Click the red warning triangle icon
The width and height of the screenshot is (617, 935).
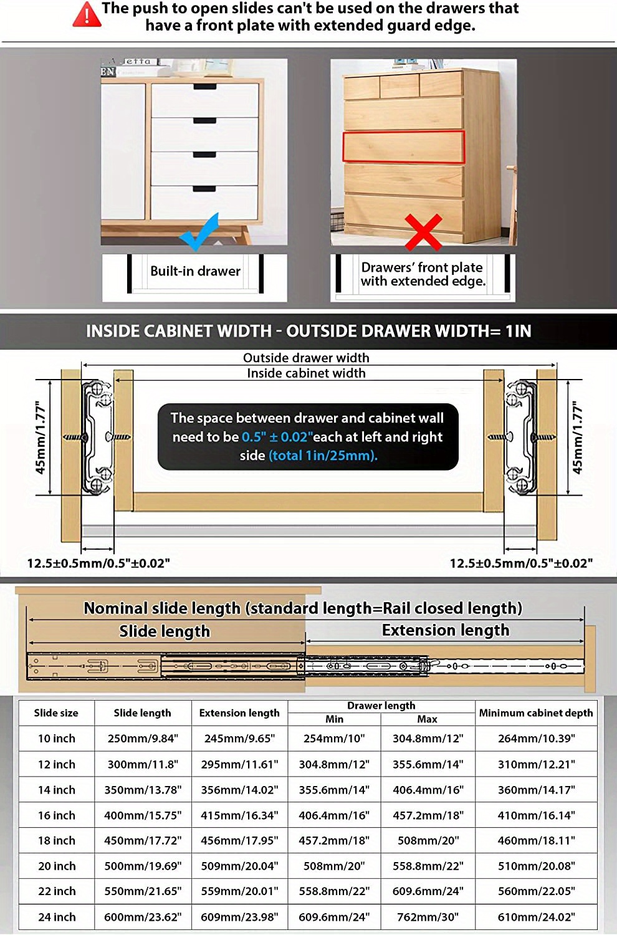coord(87,15)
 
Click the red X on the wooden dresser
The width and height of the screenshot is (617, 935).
coord(423,232)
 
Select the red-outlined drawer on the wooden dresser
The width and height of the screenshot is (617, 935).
coord(404,147)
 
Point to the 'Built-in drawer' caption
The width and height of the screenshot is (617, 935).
coord(195,271)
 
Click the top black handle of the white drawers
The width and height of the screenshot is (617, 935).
coord(204,87)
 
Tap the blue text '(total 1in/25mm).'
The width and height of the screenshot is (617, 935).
coord(323,456)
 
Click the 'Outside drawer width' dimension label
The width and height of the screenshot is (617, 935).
coord(306,358)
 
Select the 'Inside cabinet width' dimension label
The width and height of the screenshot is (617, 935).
coord(306,373)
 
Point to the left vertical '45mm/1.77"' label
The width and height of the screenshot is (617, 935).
coord(40,438)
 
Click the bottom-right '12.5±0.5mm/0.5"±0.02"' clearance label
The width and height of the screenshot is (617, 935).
coord(521,563)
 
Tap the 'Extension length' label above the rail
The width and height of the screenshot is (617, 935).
coord(446,630)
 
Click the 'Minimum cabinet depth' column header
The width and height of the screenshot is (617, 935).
coord(536,713)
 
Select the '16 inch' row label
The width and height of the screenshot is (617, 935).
coord(57,815)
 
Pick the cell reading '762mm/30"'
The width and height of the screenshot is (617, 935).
coord(428,917)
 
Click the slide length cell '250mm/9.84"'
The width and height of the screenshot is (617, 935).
coord(143,739)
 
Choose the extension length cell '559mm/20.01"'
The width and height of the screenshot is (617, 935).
coord(239,891)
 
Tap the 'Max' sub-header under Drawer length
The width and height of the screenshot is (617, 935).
coord(427,719)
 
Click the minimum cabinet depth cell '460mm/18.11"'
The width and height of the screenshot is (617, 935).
coord(536,840)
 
